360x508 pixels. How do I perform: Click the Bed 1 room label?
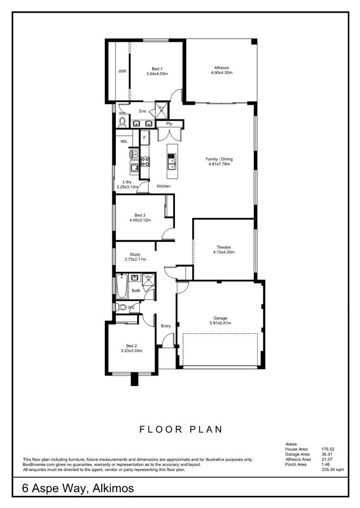(157, 69)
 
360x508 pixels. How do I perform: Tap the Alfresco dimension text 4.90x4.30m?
(221, 73)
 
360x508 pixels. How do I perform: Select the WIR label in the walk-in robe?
(122, 72)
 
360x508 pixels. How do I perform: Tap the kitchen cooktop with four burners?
(145, 162)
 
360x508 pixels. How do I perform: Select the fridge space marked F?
(144, 138)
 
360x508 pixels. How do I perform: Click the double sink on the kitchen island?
(172, 162)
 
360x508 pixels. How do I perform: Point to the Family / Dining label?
(219, 159)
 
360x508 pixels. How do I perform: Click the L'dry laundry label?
(127, 182)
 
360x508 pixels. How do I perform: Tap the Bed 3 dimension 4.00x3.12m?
(140, 220)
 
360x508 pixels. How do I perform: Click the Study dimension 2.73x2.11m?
(135, 260)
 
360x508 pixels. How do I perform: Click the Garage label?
(220, 318)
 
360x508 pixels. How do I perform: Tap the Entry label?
(166, 326)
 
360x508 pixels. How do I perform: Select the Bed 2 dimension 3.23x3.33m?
(131, 351)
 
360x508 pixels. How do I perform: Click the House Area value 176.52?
(327, 449)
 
